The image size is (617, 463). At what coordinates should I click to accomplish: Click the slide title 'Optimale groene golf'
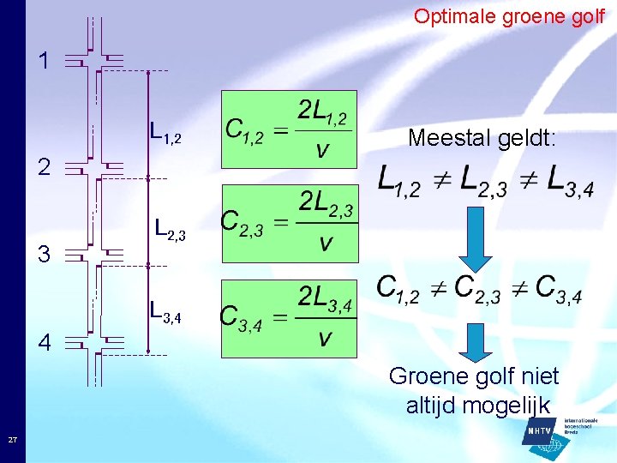pyautogui.click(x=509, y=16)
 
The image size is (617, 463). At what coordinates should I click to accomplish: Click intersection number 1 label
pyautogui.click(x=44, y=61)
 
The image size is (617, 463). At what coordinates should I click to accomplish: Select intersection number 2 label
pyautogui.click(x=44, y=165)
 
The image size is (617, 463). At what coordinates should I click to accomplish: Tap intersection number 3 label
pyautogui.click(x=45, y=254)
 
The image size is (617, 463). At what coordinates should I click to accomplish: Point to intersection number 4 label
pyautogui.click(x=45, y=342)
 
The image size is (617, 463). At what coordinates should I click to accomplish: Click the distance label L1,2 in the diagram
pyautogui.click(x=165, y=132)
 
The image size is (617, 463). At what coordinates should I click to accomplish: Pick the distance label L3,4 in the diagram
pyautogui.click(x=165, y=310)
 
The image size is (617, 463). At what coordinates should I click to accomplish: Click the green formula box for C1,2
pyautogui.click(x=289, y=129)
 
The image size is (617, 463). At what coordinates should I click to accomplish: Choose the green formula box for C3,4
pyautogui.click(x=289, y=318)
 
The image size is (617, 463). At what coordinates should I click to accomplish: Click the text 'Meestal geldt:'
pyautogui.click(x=482, y=137)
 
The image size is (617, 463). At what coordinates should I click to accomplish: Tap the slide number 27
pyautogui.click(x=12, y=440)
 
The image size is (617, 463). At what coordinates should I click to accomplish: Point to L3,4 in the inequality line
pyautogui.click(x=562, y=181)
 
